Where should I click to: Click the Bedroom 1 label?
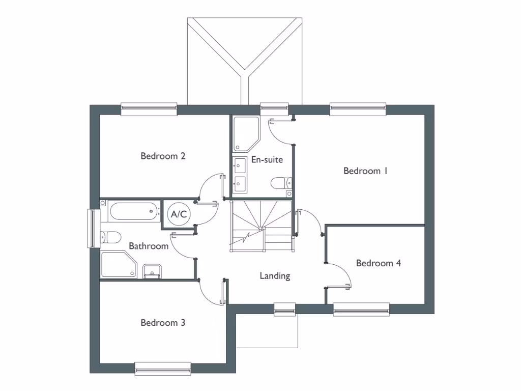(365, 171)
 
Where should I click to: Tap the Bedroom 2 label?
(163, 156)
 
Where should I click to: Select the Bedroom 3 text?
(163, 323)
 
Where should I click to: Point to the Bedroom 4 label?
(378, 263)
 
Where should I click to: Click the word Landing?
(275, 276)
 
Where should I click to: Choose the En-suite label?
(267, 160)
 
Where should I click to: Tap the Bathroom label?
(148, 246)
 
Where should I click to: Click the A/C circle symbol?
(179, 215)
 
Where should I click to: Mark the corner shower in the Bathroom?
(119, 265)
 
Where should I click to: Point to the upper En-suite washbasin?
(240, 164)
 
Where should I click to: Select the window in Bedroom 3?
(163, 368)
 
